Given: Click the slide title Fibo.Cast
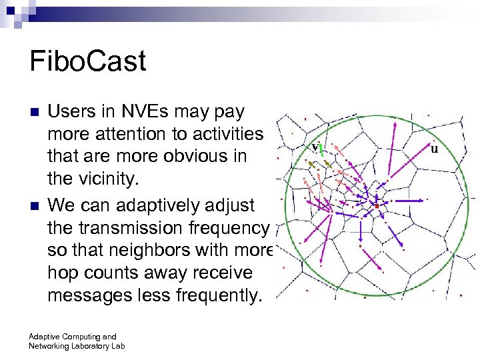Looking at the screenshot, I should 87,62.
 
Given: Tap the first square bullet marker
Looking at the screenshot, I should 35,111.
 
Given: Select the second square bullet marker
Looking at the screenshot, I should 35,204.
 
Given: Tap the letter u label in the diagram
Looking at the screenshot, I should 434,148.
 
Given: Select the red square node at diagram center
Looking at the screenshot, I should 377,207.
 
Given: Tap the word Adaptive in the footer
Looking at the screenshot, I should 44,337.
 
